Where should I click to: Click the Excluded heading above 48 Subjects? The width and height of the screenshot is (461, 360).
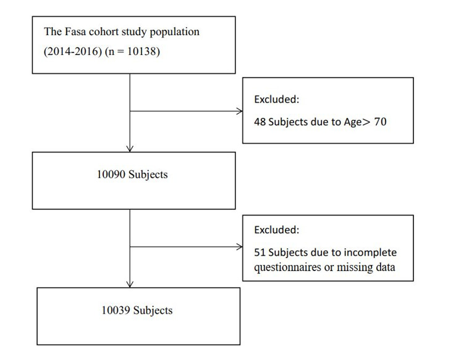[277, 99]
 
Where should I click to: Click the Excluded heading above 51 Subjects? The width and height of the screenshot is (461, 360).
[277, 230]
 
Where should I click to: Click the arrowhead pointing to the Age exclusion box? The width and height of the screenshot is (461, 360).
[239, 112]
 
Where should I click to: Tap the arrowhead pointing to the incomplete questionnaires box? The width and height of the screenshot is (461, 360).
[239, 248]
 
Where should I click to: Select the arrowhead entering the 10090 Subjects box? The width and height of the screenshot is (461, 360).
[129, 148]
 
